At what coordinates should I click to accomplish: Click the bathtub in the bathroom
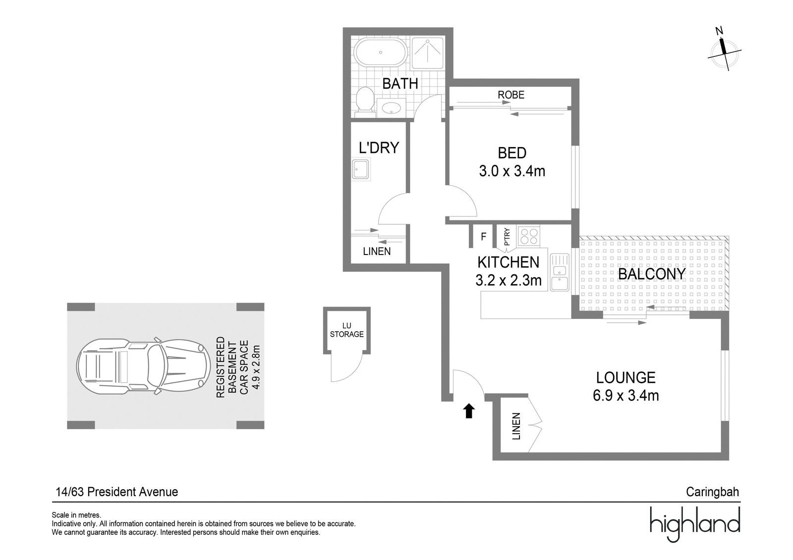point(381,52)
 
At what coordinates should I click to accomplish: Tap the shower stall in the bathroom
point(428,53)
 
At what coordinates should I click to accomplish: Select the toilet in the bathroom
point(365,102)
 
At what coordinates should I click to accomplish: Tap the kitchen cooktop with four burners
point(529,236)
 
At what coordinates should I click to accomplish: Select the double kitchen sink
point(560,272)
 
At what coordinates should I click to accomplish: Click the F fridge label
point(484,236)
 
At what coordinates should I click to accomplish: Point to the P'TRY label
point(507,237)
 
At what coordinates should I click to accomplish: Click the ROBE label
point(511,95)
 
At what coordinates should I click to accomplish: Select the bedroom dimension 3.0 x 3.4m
point(512,171)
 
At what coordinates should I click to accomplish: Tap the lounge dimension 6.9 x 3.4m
point(626,396)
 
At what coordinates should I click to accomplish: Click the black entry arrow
point(469,410)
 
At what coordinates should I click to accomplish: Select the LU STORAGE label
point(346,330)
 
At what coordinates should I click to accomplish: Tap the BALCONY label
point(652,274)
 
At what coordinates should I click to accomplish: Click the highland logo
point(694,524)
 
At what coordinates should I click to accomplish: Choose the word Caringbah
point(712,492)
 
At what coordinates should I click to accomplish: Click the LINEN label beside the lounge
point(516,426)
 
